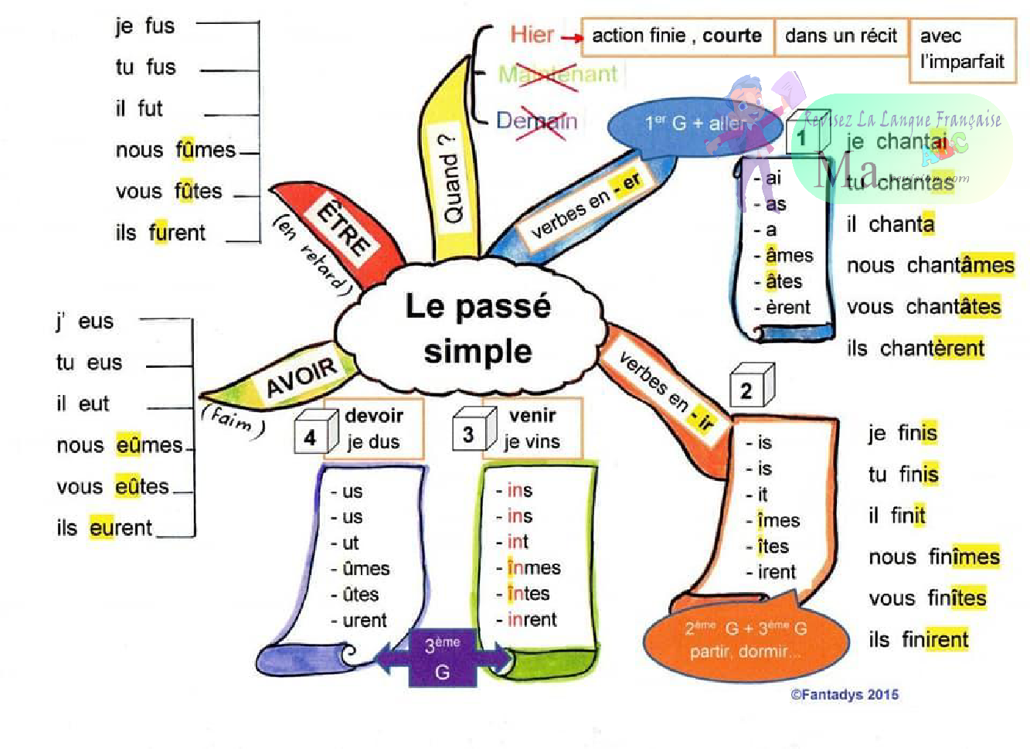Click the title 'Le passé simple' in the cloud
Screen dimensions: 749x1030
[x=478, y=329]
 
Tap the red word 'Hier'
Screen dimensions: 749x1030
[x=532, y=35]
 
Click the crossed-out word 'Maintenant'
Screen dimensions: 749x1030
[x=557, y=74]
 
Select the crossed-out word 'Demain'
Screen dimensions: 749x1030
[x=536, y=121]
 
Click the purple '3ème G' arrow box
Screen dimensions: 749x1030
[x=443, y=659]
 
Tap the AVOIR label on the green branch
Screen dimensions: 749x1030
[x=301, y=377]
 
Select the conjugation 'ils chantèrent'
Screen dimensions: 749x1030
[x=916, y=349]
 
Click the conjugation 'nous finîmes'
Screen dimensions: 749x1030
[x=933, y=557]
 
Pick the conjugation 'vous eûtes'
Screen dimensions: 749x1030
[x=113, y=487]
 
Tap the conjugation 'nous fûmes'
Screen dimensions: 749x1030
[x=175, y=150]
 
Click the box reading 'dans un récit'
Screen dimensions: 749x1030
[x=841, y=36]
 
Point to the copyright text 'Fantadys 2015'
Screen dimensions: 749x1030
[x=845, y=695]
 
